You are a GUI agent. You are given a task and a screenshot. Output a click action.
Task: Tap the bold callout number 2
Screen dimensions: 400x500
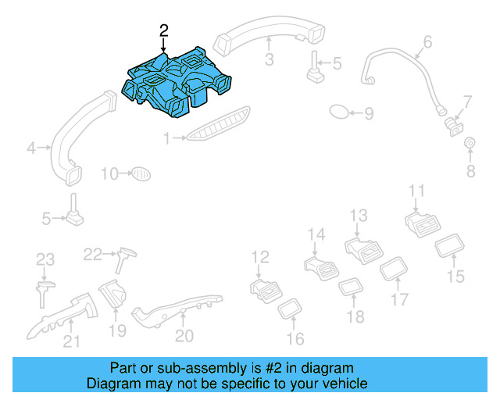click(163, 30)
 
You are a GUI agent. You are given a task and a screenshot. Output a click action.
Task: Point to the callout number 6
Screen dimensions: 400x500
click(427, 41)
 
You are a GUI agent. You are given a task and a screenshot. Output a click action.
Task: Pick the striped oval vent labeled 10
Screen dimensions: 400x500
click(139, 173)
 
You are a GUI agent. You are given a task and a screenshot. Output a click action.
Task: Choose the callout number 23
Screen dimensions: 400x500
click(45, 259)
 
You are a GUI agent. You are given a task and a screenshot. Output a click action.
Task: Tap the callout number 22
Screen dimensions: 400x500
click(93, 253)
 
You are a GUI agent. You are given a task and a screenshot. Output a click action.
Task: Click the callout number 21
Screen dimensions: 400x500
click(71, 340)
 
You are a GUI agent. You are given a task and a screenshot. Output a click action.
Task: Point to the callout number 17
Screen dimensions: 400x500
click(399, 298)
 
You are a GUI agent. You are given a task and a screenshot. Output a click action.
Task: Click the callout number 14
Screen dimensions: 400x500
click(316, 234)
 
